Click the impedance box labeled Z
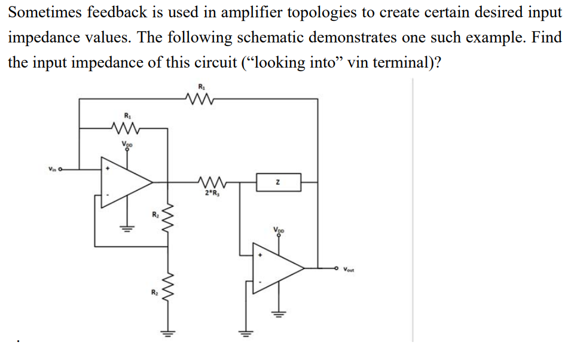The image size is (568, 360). click(x=279, y=182)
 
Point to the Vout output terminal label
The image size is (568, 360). click(x=349, y=270)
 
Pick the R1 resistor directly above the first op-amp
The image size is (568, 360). click(x=126, y=127)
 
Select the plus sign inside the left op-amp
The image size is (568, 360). click(x=108, y=170)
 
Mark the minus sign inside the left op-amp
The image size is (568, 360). click(x=108, y=195)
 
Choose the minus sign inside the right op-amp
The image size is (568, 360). click(x=259, y=280)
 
